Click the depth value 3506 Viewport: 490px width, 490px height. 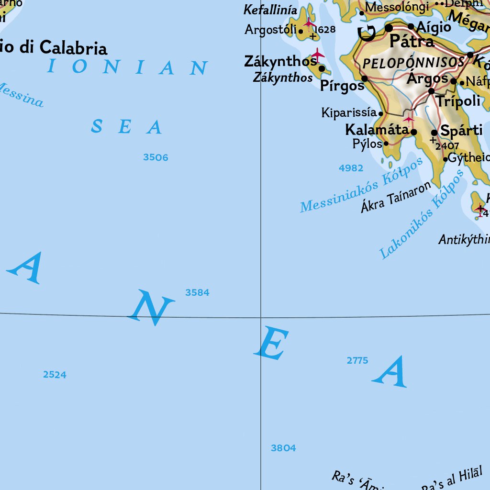156,157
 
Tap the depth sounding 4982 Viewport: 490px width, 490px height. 351,168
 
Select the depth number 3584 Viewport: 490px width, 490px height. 197,292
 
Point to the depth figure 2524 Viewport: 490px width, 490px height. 55,375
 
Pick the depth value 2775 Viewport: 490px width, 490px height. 357,360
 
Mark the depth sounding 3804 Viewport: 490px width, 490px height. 283,448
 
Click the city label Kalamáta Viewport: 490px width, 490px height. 377,130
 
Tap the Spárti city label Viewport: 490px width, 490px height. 461,131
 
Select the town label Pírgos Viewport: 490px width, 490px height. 342,86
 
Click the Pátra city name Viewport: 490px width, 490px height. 412,42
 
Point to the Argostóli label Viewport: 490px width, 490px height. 271,30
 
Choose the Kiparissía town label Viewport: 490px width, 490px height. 349,113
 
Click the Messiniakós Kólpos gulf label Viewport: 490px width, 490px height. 362,185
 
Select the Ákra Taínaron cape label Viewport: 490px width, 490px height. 396,197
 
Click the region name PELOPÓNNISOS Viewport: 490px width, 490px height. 413,63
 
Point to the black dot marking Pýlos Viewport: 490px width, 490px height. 386,143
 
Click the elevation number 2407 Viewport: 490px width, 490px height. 447,146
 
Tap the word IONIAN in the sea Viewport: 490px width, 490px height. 127,67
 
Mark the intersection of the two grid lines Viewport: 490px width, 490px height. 260,317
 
